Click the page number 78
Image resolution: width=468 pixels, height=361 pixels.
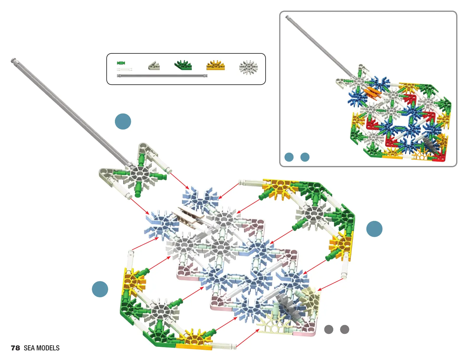click(x=15, y=348)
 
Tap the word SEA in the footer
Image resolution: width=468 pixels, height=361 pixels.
click(x=29, y=348)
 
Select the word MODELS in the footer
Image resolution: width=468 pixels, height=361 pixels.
click(x=48, y=348)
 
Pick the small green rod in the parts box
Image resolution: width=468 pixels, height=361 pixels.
click(x=121, y=63)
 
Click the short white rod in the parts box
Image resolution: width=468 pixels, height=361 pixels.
click(x=125, y=70)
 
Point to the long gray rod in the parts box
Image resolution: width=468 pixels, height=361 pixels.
click(x=162, y=76)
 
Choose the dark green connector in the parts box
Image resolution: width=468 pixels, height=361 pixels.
click(x=183, y=65)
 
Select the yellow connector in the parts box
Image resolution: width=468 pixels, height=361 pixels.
click(x=216, y=65)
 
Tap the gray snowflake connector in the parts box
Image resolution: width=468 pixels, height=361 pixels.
click(x=248, y=67)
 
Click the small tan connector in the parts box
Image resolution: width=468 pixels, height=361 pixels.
click(x=154, y=66)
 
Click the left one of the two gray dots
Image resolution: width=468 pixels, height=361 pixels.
click(x=329, y=329)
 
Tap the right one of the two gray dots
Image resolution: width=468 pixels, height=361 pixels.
click(x=344, y=329)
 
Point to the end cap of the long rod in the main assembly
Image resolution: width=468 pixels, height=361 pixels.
click(x=13, y=60)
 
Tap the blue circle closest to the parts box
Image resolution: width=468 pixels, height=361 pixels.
click(x=123, y=121)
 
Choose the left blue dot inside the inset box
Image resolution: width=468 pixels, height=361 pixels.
click(x=289, y=157)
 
